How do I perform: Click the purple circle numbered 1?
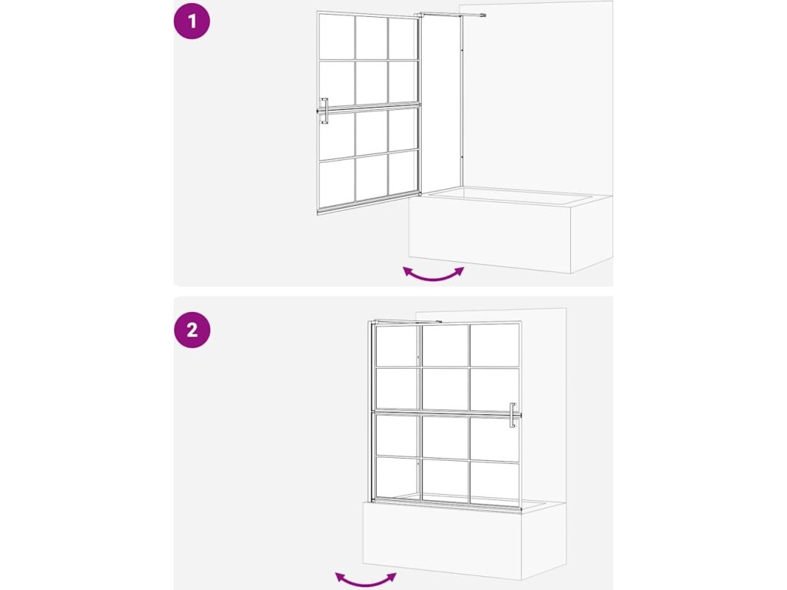191,22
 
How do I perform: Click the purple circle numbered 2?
191,330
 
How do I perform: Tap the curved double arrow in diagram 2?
366,580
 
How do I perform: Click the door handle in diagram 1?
324,111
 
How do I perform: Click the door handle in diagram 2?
513,416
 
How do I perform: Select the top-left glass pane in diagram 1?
337,37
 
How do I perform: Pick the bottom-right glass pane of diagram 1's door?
403,173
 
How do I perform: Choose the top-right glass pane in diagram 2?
494,345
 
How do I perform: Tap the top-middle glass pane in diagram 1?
371,38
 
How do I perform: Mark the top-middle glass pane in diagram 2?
445,345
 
